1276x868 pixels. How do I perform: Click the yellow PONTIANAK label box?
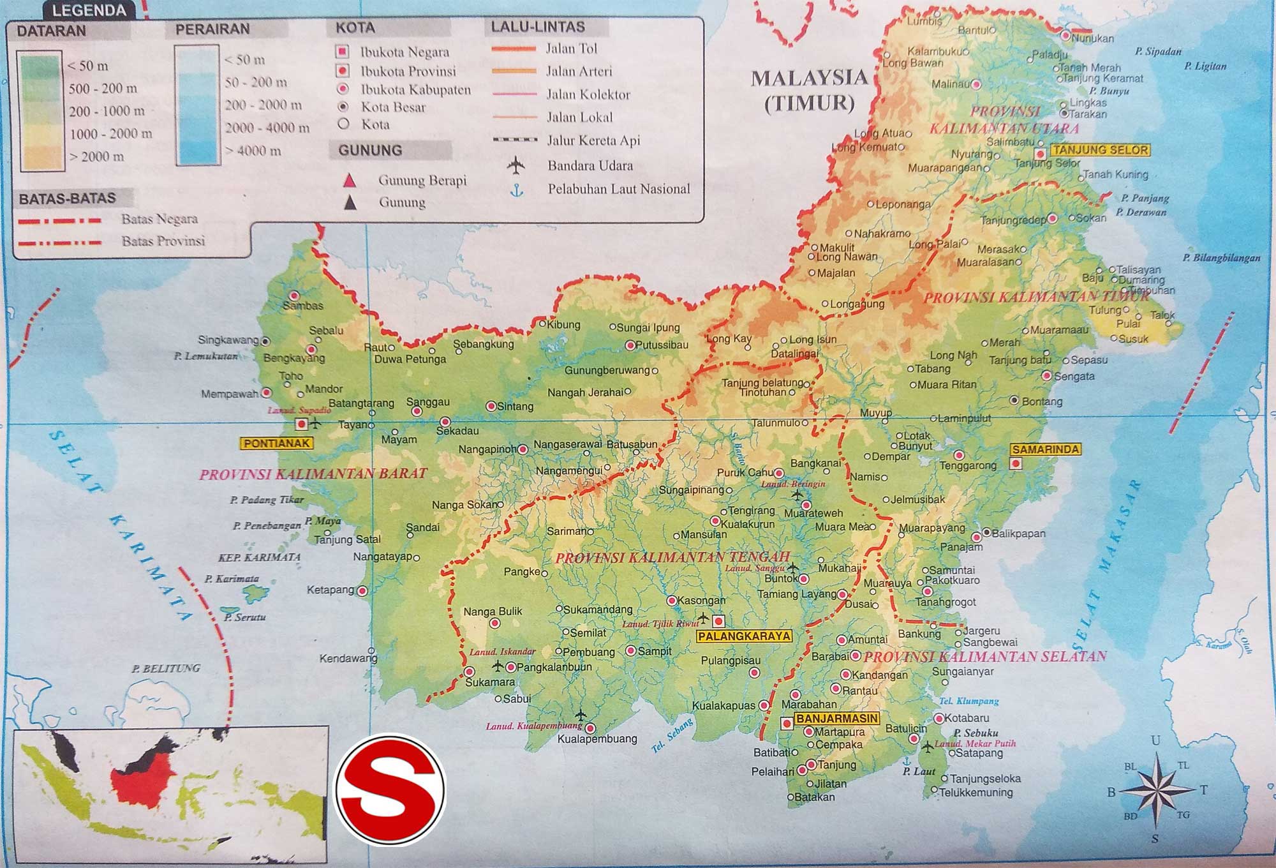(x=276, y=443)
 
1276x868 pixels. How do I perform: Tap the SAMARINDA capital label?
(x=1045, y=449)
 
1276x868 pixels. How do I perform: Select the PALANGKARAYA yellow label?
(x=744, y=636)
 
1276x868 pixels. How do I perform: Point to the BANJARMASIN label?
(x=837, y=719)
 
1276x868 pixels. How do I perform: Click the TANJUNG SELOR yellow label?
(x=1101, y=151)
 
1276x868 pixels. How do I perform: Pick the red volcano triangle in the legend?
(x=349, y=181)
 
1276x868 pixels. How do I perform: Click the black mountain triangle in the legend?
(x=350, y=203)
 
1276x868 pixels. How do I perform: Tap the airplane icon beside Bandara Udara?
(x=516, y=166)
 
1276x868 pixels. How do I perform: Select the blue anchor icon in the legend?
(x=517, y=190)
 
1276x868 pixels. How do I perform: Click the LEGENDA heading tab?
(x=89, y=10)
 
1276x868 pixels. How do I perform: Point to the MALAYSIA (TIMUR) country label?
(x=809, y=90)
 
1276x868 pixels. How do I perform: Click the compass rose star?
(x=1155, y=789)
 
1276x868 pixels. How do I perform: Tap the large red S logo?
(x=390, y=790)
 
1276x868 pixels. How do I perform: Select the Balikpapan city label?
(x=1018, y=534)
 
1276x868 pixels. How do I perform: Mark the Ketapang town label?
(x=330, y=590)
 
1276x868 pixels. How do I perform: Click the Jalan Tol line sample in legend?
(x=514, y=49)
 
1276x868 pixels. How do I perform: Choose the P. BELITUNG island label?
(x=166, y=668)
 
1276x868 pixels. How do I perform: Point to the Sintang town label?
(x=515, y=407)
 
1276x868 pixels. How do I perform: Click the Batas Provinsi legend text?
(x=163, y=241)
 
